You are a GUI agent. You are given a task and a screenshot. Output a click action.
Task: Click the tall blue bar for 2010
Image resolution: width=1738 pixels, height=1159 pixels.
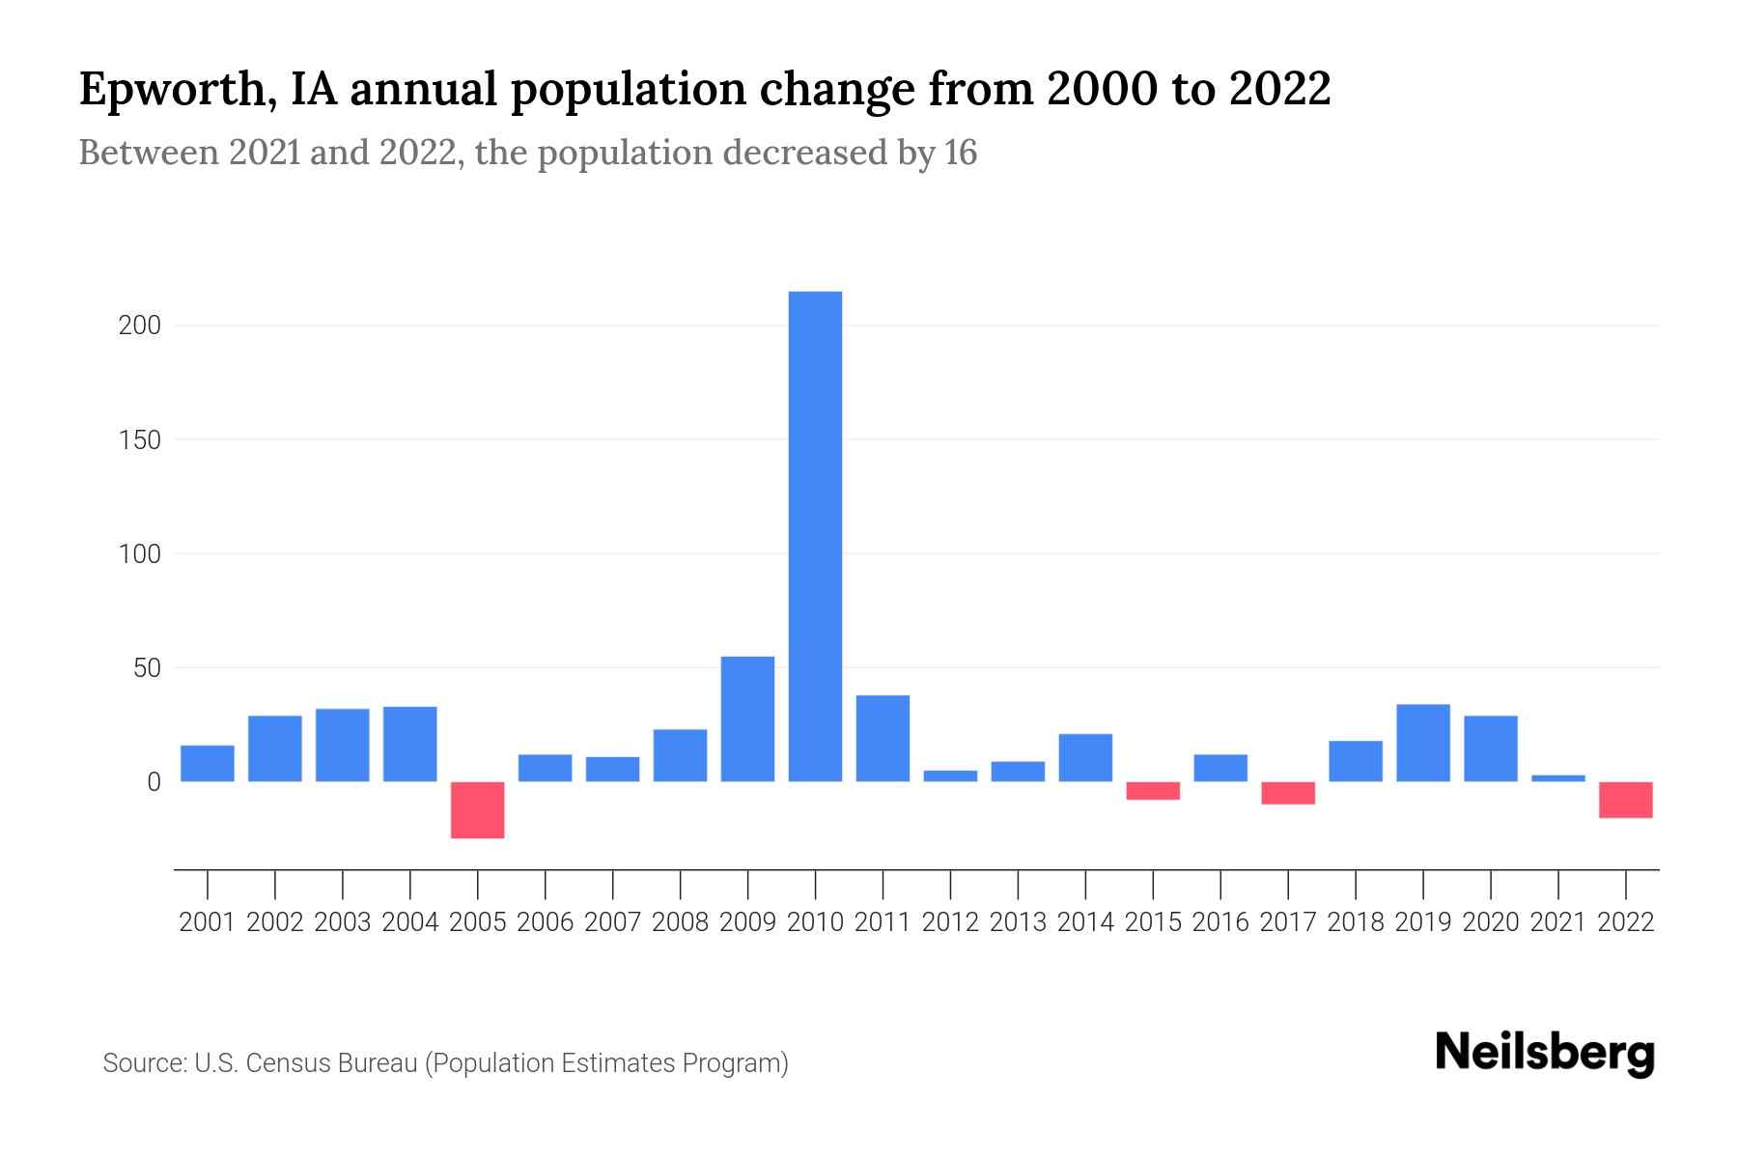815,536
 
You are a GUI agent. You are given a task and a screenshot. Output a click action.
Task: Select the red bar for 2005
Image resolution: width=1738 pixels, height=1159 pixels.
477,809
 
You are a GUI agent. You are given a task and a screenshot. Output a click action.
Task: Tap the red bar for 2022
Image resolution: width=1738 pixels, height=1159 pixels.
1626,800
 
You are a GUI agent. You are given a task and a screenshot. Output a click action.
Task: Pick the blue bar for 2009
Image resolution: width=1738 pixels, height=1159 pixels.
747,719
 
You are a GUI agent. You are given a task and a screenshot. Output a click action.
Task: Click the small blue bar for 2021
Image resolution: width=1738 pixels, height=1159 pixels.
1558,777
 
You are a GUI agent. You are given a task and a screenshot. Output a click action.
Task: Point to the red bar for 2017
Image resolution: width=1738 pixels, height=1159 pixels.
1288,793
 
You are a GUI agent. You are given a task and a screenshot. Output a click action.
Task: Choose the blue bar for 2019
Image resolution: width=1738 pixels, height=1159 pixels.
1423,743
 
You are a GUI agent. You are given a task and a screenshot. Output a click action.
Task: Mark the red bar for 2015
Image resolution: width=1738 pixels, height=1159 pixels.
1153,791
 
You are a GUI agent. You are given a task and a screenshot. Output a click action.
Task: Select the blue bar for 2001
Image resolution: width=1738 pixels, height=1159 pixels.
208,763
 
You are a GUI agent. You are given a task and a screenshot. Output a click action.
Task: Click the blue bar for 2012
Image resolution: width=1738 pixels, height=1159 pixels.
950,776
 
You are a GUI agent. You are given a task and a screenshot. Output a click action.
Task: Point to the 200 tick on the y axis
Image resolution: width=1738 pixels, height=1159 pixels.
139,325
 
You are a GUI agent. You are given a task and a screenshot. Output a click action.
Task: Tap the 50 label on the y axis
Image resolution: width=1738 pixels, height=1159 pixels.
146,668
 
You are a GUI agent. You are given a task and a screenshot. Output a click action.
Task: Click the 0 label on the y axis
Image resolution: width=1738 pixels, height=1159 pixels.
153,782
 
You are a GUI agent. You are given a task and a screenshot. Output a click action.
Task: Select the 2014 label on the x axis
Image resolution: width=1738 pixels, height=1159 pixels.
1085,922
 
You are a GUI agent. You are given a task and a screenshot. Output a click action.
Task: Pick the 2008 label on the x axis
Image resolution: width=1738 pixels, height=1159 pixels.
680,922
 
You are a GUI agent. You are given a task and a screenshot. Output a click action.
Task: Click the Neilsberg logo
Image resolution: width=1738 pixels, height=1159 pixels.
1545,1053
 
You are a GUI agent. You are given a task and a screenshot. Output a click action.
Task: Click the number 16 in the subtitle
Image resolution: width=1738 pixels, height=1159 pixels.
961,153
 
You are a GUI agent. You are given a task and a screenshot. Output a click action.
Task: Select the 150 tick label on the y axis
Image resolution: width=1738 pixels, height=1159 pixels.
139,440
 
